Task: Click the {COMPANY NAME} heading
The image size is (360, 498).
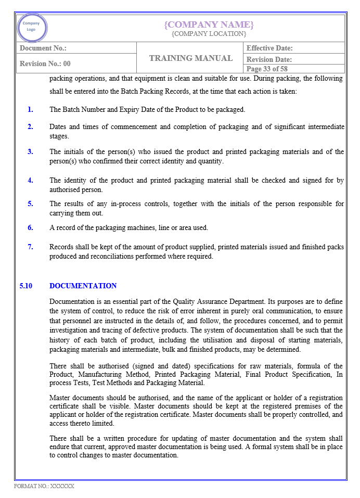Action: pos(209,24)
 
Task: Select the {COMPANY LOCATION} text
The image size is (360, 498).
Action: pos(209,34)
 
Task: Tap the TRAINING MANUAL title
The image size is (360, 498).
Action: pos(190,58)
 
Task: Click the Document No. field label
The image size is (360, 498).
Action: pos(43,48)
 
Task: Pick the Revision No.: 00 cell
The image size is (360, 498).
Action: pos(45,64)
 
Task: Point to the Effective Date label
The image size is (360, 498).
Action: pos(269,48)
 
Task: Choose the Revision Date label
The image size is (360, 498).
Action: pos(269,60)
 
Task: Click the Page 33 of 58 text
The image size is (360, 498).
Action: pos(267,69)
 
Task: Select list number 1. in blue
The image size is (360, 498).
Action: pos(30,109)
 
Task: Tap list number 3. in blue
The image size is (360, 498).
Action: pos(30,152)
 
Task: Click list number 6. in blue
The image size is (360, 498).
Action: pos(30,227)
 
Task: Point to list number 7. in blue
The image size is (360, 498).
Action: pos(30,247)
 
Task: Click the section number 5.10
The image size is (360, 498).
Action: pos(26,286)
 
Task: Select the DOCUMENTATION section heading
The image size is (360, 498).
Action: pos(83,286)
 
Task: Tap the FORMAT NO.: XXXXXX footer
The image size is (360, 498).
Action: pos(44,486)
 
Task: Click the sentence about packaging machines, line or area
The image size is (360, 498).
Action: pos(128,227)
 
